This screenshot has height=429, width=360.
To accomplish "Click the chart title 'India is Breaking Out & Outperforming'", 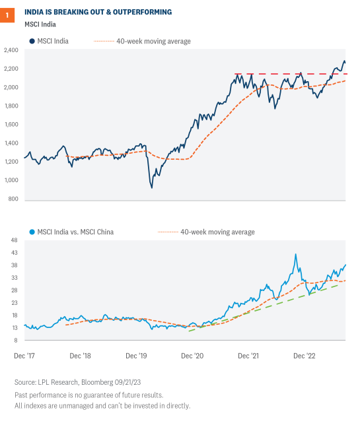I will click(x=98, y=12).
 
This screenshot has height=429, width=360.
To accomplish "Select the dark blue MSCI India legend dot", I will click(x=31, y=41).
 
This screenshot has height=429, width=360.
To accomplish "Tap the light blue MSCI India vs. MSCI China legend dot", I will click(x=31, y=232).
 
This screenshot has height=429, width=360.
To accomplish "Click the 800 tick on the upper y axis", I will click(x=13, y=199).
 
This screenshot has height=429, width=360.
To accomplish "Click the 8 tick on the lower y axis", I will click(x=15, y=341).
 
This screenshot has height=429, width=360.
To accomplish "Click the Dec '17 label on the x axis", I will click(x=24, y=356).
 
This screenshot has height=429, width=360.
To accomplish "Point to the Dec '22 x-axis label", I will click(x=305, y=356).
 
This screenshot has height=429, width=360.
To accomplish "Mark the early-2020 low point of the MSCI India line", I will click(x=151, y=187).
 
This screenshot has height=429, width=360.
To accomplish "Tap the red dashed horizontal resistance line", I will click(x=291, y=74).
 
